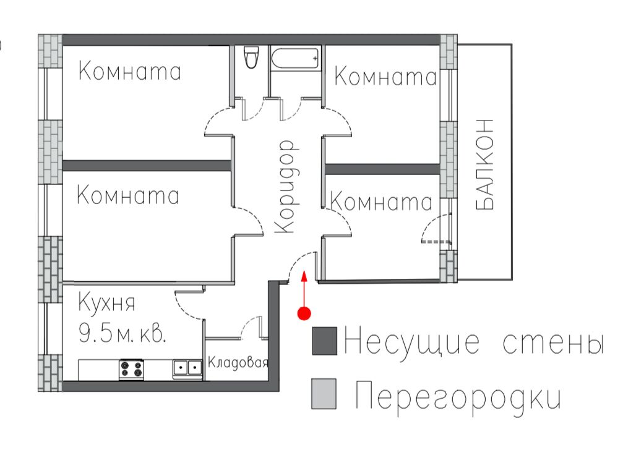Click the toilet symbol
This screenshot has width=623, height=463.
coord(251,57)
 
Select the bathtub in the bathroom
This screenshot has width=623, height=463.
coord(295,59)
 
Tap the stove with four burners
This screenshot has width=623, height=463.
coord(132,369)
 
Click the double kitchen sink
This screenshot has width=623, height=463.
coord(187,368)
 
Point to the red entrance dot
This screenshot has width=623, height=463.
coord(304,313)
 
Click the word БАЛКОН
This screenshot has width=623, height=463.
coord(484,164)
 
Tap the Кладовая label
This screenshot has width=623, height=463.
coord(238,362)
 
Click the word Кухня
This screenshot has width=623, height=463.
coord(107,303)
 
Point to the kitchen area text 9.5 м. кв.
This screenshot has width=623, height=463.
coord(122,333)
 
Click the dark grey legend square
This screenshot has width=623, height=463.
coord(325,341)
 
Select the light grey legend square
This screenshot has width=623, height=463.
coord(324,394)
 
